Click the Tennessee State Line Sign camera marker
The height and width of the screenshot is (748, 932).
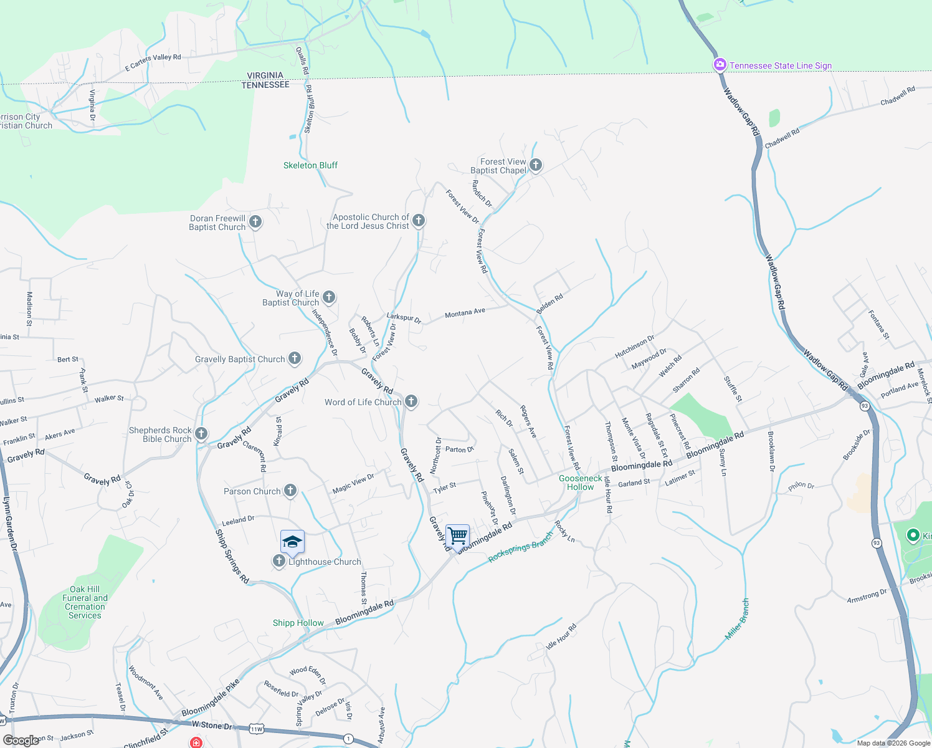[720, 65]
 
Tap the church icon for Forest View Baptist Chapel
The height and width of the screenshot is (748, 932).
[536, 165]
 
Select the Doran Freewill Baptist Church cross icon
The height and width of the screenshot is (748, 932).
[255, 221]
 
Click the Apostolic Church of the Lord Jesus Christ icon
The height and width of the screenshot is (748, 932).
[419, 220]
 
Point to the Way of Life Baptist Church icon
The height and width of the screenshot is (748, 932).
[329, 297]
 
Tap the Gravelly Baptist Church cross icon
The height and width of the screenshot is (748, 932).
[295, 358]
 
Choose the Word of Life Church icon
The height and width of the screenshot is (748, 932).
[411, 401]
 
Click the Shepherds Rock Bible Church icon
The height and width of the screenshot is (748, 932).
[201, 433]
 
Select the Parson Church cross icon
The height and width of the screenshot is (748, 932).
[290, 491]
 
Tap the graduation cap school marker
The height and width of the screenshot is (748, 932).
[292, 542]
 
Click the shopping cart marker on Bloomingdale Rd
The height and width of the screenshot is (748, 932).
[458, 535]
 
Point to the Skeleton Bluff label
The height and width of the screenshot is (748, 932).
[310, 165]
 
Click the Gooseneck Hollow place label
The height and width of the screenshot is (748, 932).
[581, 482]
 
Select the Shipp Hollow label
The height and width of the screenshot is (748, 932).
[298, 623]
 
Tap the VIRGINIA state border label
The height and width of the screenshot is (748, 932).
[265, 75]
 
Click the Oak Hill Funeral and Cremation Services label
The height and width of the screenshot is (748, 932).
[85, 602]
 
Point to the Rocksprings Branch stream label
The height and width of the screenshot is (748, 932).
[521, 547]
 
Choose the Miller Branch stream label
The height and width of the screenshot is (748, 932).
[738, 619]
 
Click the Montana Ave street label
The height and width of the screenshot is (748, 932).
[465, 313]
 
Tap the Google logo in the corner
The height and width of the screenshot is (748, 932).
[21, 741]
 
